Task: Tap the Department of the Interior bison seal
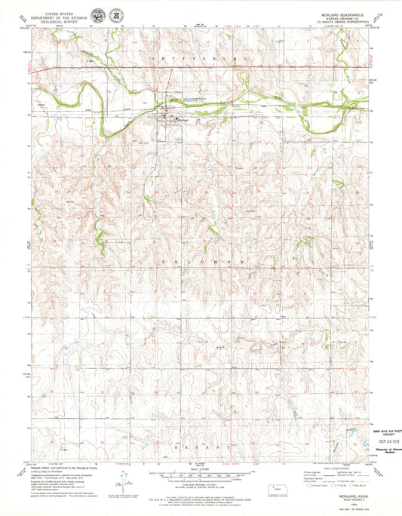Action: [x=98, y=15]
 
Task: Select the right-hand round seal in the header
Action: [x=115, y=15]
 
